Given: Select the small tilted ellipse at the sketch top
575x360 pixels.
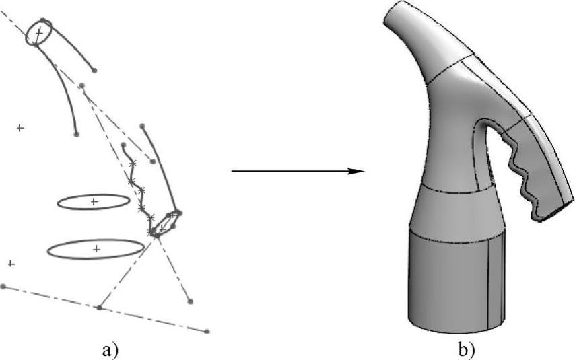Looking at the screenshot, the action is tap(39, 32).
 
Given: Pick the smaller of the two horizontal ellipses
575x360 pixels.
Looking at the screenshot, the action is tap(93, 201).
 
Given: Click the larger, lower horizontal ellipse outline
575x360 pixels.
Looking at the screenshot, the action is tap(96, 249).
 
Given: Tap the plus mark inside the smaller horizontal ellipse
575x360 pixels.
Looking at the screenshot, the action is tap(93, 201).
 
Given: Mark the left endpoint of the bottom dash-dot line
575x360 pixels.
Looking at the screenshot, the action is tap(3, 286).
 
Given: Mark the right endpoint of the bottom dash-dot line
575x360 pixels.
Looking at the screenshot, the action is tap(207, 331).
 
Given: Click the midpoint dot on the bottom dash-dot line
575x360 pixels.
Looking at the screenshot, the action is tap(99, 308).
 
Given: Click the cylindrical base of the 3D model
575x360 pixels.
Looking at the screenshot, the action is tap(456, 283).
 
